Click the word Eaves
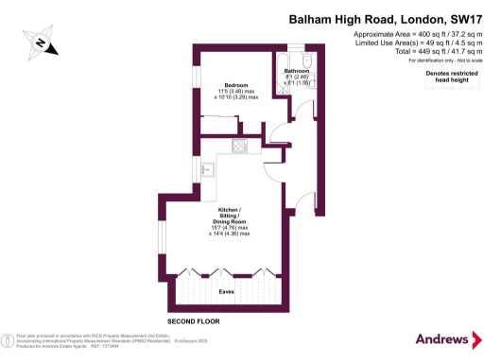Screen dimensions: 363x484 [x=226, y=292]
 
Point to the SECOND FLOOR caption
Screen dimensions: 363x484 [x=194, y=322]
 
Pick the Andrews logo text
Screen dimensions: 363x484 [x=441, y=339]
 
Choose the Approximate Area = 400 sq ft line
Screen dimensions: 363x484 [x=407, y=34]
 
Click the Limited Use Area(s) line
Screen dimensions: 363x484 [x=407, y=43]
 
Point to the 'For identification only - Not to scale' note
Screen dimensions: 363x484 [x=438, y=60]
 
